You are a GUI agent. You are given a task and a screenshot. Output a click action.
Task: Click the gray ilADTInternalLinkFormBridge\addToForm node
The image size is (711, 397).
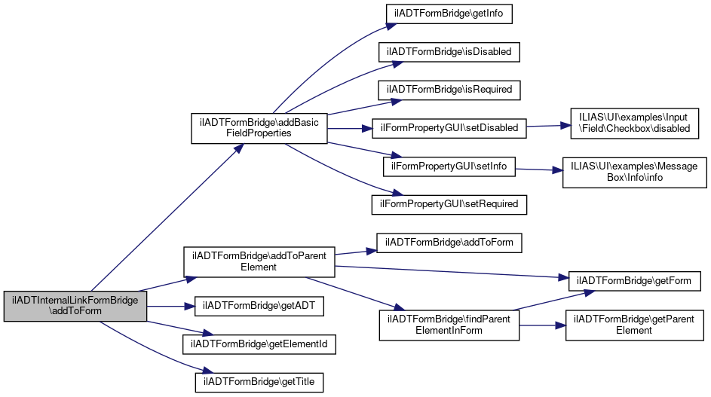pos(75,306)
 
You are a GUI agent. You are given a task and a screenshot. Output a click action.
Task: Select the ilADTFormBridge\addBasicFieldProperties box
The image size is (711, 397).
pos(259,127)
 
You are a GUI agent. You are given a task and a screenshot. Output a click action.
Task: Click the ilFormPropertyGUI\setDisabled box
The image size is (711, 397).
pos(449,128)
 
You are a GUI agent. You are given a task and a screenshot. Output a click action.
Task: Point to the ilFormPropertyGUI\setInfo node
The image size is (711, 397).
pos(449,166)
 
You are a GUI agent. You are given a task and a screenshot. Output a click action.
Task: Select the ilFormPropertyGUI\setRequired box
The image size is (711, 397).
pos(449,203)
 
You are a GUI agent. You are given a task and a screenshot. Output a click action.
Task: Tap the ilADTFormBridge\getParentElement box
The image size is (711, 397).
pos(633,325)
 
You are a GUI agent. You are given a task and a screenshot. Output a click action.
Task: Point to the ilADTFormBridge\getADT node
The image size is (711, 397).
pos(259,306)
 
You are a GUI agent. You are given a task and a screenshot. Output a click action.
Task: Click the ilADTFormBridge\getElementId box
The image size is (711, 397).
pos(259,344)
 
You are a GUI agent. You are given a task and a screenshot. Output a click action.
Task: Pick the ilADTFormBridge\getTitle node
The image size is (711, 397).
pos(259,383)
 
